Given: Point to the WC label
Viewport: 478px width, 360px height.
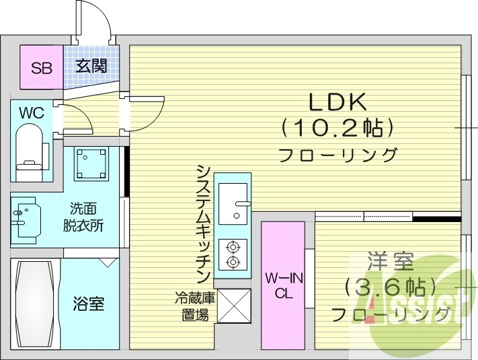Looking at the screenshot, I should pyautogui.click(x=31, y=113).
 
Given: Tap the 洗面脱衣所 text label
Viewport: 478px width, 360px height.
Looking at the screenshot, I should pyautogui.click(x=87, y=217).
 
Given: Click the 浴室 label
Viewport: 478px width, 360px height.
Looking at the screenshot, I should pyautogui.click(x=88, y=303).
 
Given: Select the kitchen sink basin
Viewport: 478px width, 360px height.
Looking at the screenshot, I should pyautogui.click(x=233, y=202).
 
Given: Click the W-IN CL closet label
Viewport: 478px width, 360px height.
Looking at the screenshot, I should pyautogui.click(x=282, y=285).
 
